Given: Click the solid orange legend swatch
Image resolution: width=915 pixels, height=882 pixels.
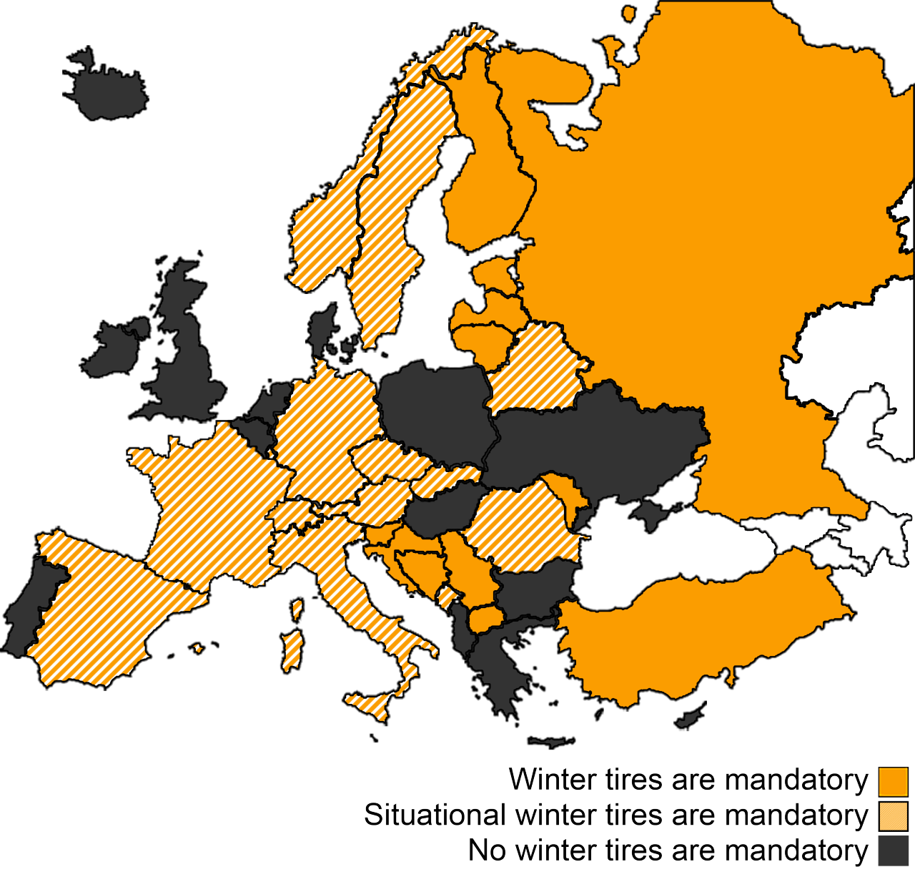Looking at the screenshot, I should [893, 781].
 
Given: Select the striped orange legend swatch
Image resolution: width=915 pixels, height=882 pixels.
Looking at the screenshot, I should [893, 816].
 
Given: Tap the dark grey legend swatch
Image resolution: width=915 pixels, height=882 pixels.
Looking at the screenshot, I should [893, 851].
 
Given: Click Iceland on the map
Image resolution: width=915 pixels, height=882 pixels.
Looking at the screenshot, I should [107, 89].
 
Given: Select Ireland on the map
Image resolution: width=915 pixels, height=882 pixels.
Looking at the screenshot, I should [114, 351].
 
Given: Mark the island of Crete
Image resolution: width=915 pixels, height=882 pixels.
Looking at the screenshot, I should [550, 741].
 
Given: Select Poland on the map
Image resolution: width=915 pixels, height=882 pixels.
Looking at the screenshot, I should [436, 408].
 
